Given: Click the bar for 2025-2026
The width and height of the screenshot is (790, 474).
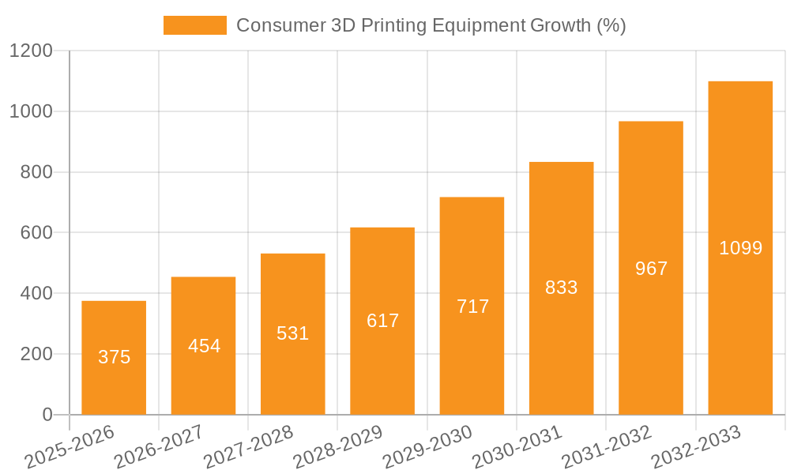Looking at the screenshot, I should click(x=114, y=358).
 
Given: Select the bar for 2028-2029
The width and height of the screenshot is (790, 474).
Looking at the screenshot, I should click(x=382, y=321).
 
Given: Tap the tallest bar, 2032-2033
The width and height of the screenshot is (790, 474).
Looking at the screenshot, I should click(x=740, y=248).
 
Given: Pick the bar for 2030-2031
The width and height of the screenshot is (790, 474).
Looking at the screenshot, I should click(x=561, y=288).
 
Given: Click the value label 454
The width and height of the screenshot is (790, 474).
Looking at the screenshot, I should click(x=204, y=346).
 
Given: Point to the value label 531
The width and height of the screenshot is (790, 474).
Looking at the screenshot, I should click(x=293, y=333).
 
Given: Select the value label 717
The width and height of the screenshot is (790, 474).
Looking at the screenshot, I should click(x=472, y=307).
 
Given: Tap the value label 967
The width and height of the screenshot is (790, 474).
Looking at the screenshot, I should click(x=651, y=269).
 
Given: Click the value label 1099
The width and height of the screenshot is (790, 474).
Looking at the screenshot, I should click(x=740, y=248).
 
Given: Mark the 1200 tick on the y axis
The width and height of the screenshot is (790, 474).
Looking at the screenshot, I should click(x=32, y=51).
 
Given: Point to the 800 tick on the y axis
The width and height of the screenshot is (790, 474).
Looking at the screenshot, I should click(x=37, y=172).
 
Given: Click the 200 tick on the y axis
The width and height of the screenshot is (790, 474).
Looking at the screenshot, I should click(x=37, y=354).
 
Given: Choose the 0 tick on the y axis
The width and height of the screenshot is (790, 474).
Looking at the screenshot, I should click(x=47, y=415).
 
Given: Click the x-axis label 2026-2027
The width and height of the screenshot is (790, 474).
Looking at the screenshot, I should click(x=159, y=447).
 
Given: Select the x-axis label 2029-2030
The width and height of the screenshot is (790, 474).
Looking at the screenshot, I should click(x=427, y=447).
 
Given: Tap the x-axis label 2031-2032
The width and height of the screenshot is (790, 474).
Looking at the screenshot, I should click(x=606, y=447).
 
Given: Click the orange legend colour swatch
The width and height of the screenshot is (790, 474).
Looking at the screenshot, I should click(x=194, y=25).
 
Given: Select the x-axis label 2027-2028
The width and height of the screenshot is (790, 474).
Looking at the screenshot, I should click(x=248, y=447).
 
